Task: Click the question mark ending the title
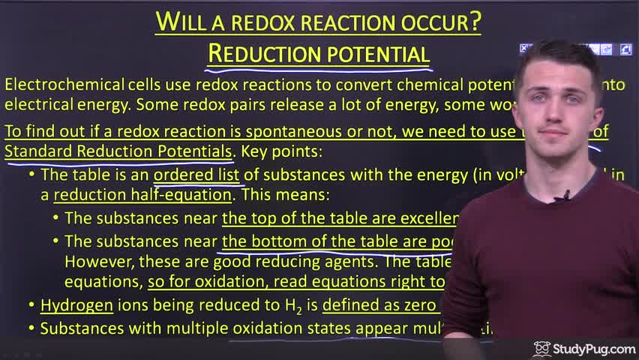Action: (475, 22)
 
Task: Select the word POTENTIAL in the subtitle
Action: (374, 54)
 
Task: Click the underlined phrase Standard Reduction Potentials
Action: (118, 151)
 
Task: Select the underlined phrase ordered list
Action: (196, 175)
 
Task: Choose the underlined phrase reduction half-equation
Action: (142, 195)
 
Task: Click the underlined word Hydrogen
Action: (76, 305)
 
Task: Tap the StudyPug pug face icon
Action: (541, 349)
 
